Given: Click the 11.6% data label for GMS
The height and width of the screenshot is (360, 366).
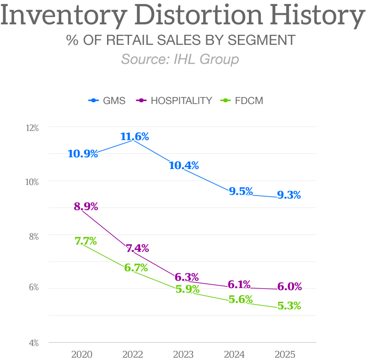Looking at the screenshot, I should point(135,136).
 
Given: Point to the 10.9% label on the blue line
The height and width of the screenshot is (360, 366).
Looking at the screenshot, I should point(83,154).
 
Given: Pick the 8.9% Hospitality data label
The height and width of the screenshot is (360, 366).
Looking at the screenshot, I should point(86,207).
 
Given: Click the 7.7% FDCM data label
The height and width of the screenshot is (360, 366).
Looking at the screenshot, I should point(86,241).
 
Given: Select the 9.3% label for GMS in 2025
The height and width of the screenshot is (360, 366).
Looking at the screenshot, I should point(289,195).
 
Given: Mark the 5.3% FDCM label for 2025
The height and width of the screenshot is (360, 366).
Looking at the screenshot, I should point(289,306).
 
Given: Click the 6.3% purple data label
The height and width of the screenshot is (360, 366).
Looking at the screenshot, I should point(187,277).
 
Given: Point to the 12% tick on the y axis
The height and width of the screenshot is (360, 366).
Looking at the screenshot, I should point(32,128).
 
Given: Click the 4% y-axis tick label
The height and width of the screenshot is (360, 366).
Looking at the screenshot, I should point(34,343).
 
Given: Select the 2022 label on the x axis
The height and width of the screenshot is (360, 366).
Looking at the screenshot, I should point(133,355).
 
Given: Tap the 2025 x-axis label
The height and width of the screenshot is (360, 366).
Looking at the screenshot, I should point(285,355).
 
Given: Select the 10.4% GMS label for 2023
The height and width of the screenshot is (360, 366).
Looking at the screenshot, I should point(184,166).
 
